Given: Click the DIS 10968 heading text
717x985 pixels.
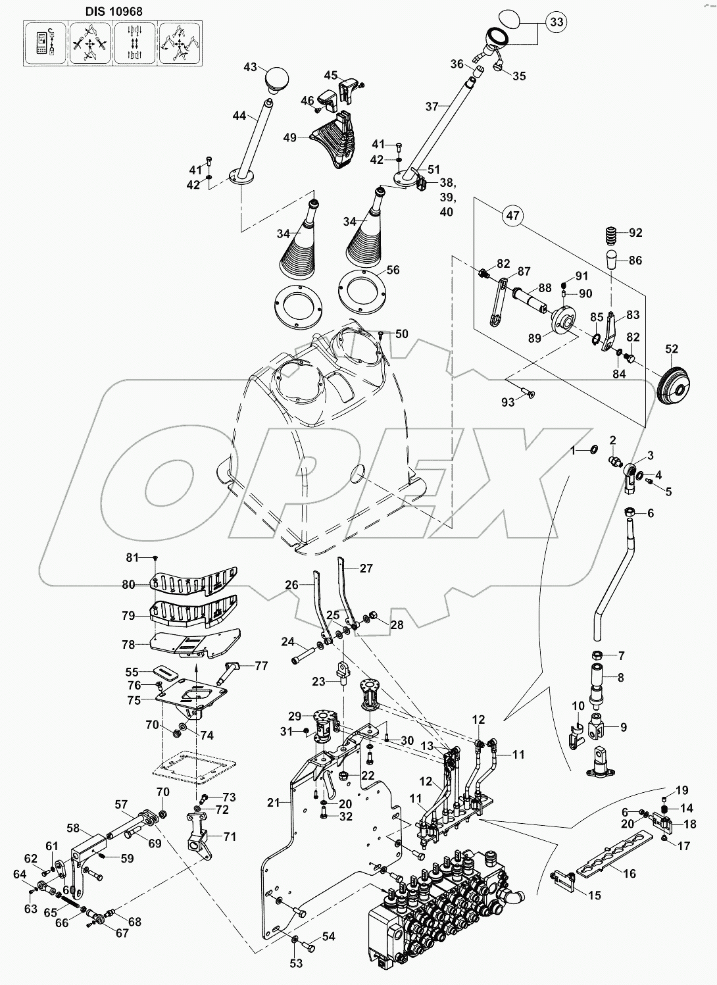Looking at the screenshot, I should tap(113, 11).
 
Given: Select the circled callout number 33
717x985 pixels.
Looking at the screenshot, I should tap(556, 23).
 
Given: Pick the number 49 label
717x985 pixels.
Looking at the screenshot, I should tap(291, 137).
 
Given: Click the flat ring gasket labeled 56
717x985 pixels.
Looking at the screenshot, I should tap(361, 290).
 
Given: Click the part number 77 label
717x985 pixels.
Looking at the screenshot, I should tap(262, 665).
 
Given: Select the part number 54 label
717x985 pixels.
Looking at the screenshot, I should tap(328, 936).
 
